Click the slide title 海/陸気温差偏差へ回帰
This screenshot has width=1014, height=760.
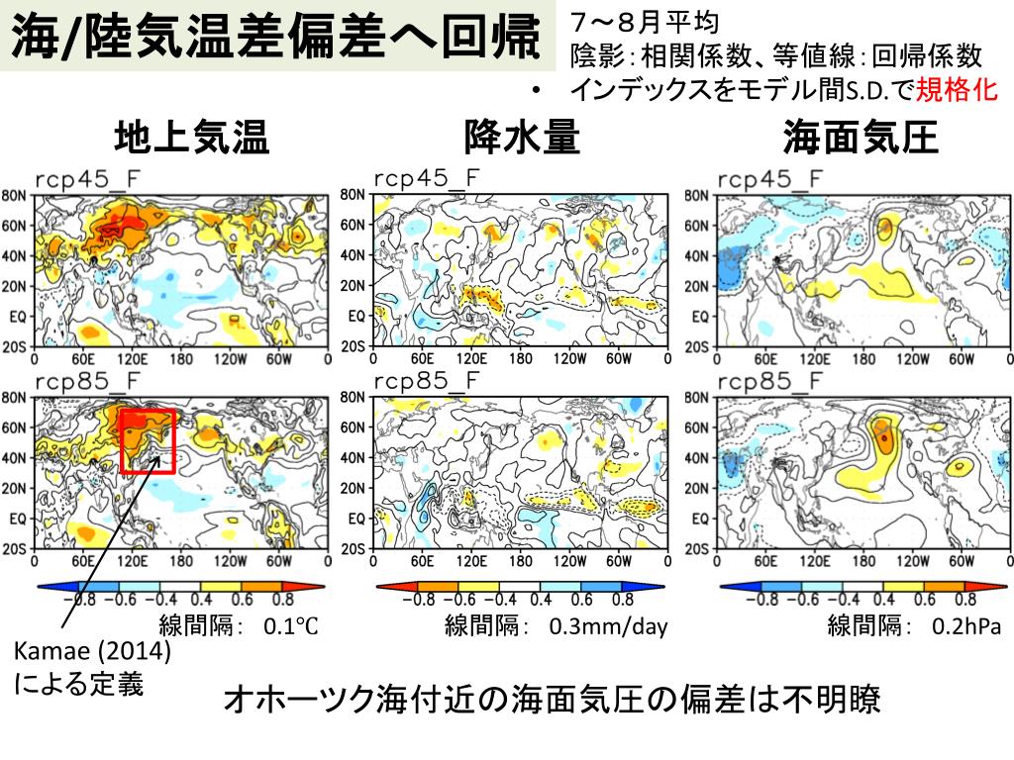pos(277,39)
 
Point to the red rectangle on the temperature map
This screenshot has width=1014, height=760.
pos(147,441)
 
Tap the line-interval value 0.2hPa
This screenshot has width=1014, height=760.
pos(966,625)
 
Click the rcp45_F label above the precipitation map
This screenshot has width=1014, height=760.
pos(426,179)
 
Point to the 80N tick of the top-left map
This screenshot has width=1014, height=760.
pos(14,195)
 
